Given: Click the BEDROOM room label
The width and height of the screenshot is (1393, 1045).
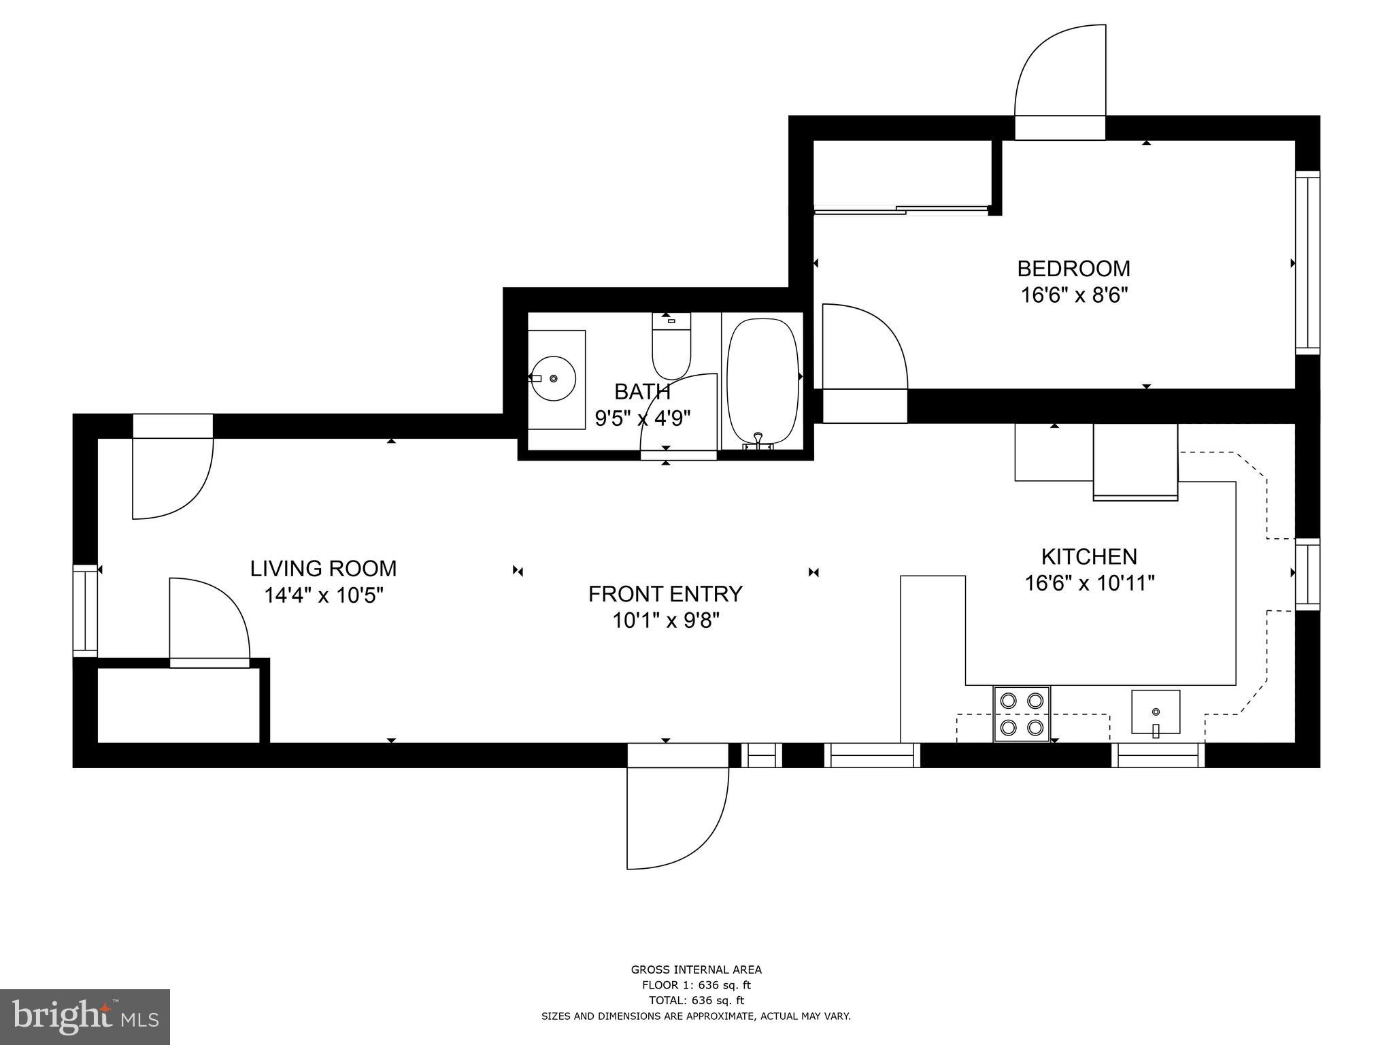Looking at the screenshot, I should click(1073, 269).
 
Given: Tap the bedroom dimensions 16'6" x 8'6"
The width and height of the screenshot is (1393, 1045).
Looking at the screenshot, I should click(1074, 295).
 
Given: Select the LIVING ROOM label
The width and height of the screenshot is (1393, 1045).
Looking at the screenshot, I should click(323, 569).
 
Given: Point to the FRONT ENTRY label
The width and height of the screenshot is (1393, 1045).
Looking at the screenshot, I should click(665, 594).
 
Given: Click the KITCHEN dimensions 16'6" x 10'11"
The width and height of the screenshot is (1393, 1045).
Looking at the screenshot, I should click(1090, 584).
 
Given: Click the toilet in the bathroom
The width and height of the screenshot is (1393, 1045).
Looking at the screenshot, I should click(671, 347).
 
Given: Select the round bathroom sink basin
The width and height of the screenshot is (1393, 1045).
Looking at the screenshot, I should click(554, 378).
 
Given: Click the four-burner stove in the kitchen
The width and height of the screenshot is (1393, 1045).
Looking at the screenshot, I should click(1022, 714).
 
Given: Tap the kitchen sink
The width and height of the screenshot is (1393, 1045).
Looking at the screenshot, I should click(1156, 712).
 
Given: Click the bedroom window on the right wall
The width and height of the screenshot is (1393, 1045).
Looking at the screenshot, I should click(1307, 263).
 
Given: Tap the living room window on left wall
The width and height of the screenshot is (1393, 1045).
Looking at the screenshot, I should click(85, 611).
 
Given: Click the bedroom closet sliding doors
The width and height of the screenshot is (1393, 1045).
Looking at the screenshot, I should click(901, 210).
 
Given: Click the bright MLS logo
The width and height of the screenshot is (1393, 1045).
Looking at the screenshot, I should click(85, 1016).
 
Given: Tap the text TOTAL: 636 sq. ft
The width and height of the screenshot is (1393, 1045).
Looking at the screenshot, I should click(696, 1000).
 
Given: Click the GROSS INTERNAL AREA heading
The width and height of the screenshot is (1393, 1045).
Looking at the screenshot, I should click(696, 970).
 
